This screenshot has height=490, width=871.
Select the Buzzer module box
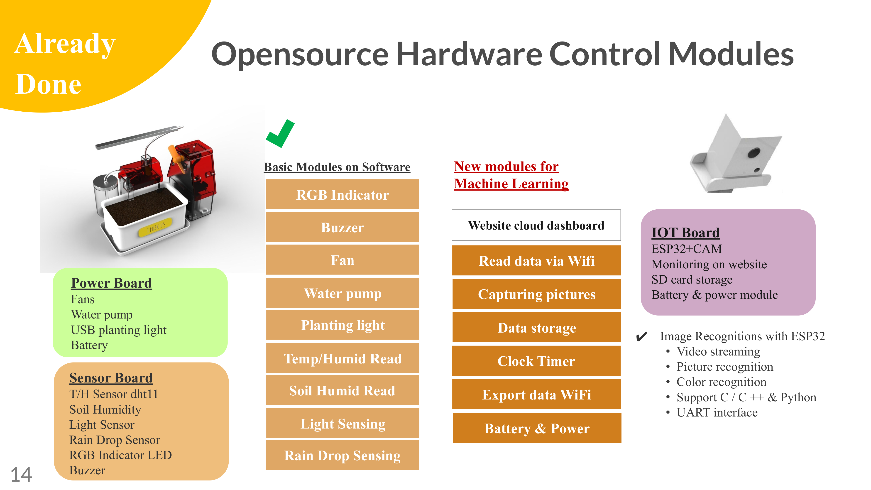pos(342,227)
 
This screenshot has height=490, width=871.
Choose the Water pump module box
pos(343,293)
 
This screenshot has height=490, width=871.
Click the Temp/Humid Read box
pos(343,358)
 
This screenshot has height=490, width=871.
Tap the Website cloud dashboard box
pos(536,225)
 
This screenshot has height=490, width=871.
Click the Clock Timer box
pos(536,361)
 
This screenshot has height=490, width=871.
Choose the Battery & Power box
pos(537,428)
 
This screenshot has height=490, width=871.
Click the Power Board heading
pos(111,283)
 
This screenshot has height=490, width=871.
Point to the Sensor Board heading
pos(111,378)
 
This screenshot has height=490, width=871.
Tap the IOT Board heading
pos(685,233)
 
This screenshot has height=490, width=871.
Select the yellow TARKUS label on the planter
pos(156,227)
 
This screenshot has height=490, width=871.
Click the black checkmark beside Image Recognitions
pos(641,336)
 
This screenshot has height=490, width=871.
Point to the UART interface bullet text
pos(717,412)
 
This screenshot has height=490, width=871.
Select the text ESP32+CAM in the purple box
pos(686,249)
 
